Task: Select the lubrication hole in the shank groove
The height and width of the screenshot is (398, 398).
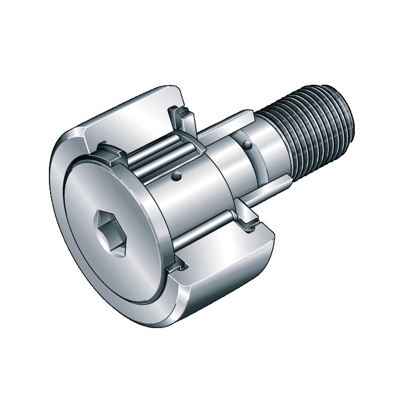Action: click(x=247, y=146)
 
